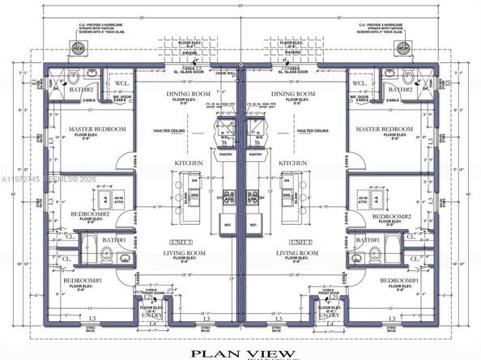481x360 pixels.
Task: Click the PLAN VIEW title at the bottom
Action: coord(240,352)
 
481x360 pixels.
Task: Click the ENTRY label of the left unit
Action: coord(150,315)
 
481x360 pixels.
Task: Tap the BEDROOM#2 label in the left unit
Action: coord(84,214)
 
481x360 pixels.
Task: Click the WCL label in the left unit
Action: coord(121,83)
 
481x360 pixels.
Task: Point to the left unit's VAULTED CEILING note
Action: coord(168,130)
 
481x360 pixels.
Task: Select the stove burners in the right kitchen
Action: coord(252,196)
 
